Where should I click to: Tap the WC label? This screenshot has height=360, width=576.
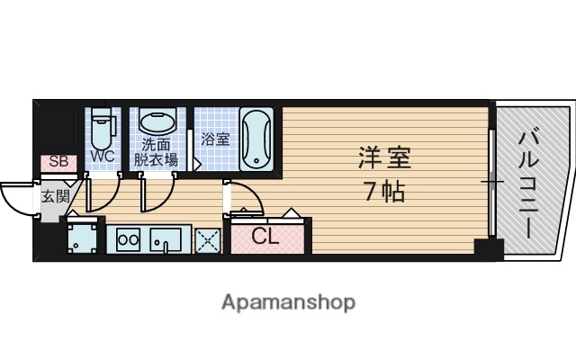click(102, 157)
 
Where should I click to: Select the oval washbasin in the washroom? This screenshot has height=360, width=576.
click(157, 123)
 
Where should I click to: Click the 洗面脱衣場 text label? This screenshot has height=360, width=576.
click(156, 152)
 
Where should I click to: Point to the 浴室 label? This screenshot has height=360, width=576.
click(215, 139)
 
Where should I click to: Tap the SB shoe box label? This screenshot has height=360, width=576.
click(58, 162)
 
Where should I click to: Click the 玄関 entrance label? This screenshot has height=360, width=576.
click(54, 195)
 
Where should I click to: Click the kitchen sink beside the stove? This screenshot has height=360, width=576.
click(166, 240)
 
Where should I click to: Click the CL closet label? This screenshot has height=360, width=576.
click(265, 238)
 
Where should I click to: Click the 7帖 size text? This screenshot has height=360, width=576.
click(383, 192)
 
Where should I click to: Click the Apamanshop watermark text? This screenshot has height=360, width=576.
click(288, 301)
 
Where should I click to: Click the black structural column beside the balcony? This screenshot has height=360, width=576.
click(489, 250)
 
